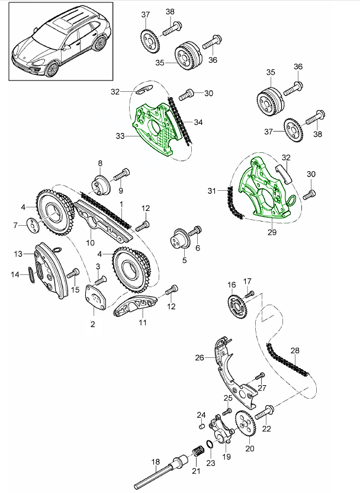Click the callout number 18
coord(156,462)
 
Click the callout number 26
coord(200,357)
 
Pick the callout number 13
coord(18,254)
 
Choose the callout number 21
coord(195,471)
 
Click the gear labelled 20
coord(245,422)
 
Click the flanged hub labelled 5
coord(178,238)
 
